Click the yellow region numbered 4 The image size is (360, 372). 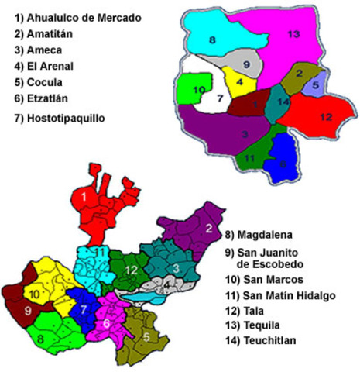pyautogui.click(x=241, y=80)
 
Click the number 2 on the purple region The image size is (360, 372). pyautogui.click(x=208, y=227)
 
